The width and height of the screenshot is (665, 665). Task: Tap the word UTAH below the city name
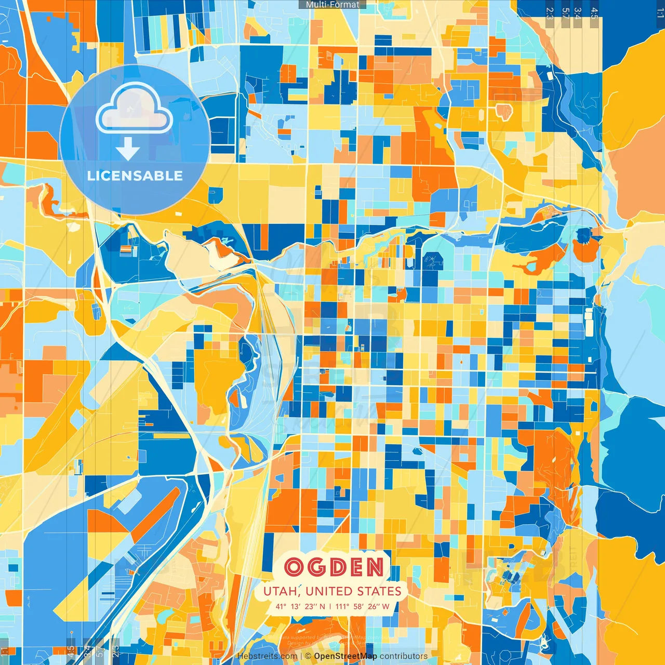coord(280,591)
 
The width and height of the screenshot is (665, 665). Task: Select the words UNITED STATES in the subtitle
coord(353,591)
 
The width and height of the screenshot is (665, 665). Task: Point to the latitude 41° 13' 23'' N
coord(300,606)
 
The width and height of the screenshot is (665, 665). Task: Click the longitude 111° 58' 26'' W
coord(362,606)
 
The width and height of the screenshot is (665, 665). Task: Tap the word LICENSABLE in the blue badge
coord(135,176)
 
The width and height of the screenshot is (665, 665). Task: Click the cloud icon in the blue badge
coord(135,108)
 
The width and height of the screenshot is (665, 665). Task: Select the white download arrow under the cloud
coord(128,149)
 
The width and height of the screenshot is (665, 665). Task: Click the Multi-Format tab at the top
coord(332,5)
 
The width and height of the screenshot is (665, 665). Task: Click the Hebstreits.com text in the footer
coord(267,656)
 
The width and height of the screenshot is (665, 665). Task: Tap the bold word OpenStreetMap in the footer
coord(345,656)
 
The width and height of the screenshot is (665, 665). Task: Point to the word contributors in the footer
coord(404,656)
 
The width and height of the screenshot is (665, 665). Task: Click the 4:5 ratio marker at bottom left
coord(71,650)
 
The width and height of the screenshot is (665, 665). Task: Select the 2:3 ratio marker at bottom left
coord(115,650)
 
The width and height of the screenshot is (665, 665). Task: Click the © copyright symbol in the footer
coord(308,656)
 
